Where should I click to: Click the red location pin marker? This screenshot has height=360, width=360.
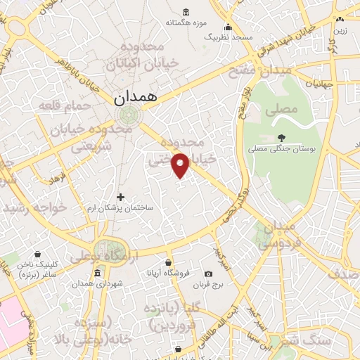click(181, 165)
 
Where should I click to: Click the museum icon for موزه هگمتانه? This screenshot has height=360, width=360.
click(186, 12)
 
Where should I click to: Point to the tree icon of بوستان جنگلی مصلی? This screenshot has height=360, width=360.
click(282, 137)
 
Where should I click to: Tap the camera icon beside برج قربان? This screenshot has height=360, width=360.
click(208, 274)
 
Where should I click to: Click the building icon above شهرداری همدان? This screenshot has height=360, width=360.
click(97, 272)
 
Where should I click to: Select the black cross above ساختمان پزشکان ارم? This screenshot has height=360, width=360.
click(120, 197)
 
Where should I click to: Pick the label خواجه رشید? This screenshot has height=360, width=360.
click(34, 208)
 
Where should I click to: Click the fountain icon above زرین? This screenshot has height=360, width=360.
click(340, 20)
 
